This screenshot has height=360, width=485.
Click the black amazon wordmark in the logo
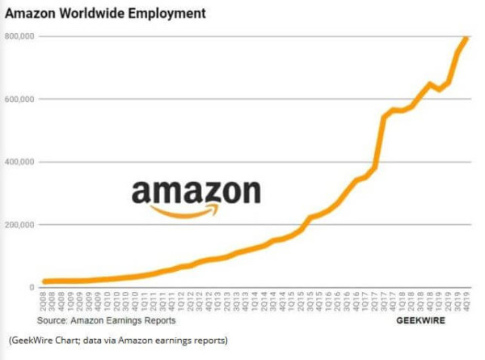[x=196, y=192]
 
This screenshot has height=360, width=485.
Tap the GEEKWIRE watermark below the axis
[x=422, y=320]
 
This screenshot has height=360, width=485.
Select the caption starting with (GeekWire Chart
[x=119, y=339]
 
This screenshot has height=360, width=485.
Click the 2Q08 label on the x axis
[x=44, y=303]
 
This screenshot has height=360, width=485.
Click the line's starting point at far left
[x=44, y=282]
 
